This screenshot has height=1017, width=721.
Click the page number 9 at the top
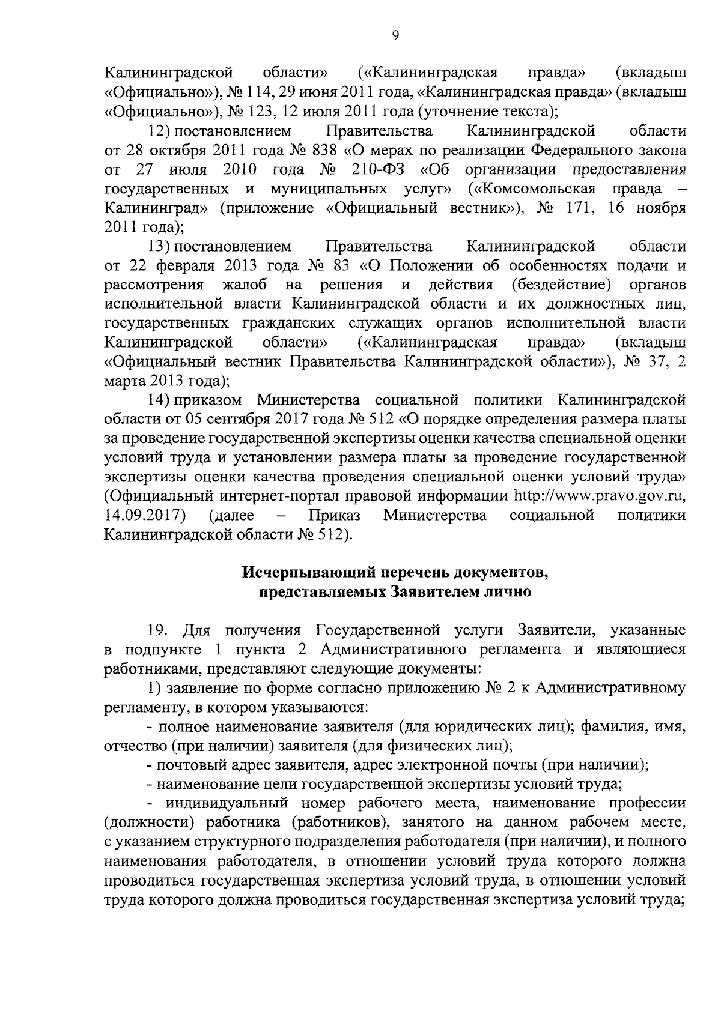(x=395, y=36)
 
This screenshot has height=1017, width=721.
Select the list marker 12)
(x=159, y=131)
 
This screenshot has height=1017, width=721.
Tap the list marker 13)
(x=159, y=246)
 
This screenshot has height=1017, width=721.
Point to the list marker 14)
(x=159, y=400)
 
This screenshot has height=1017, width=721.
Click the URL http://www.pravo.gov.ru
(x=601, y=496)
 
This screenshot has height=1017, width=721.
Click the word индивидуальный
(x=227, y=803)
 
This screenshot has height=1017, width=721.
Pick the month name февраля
(x=166, y=265)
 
